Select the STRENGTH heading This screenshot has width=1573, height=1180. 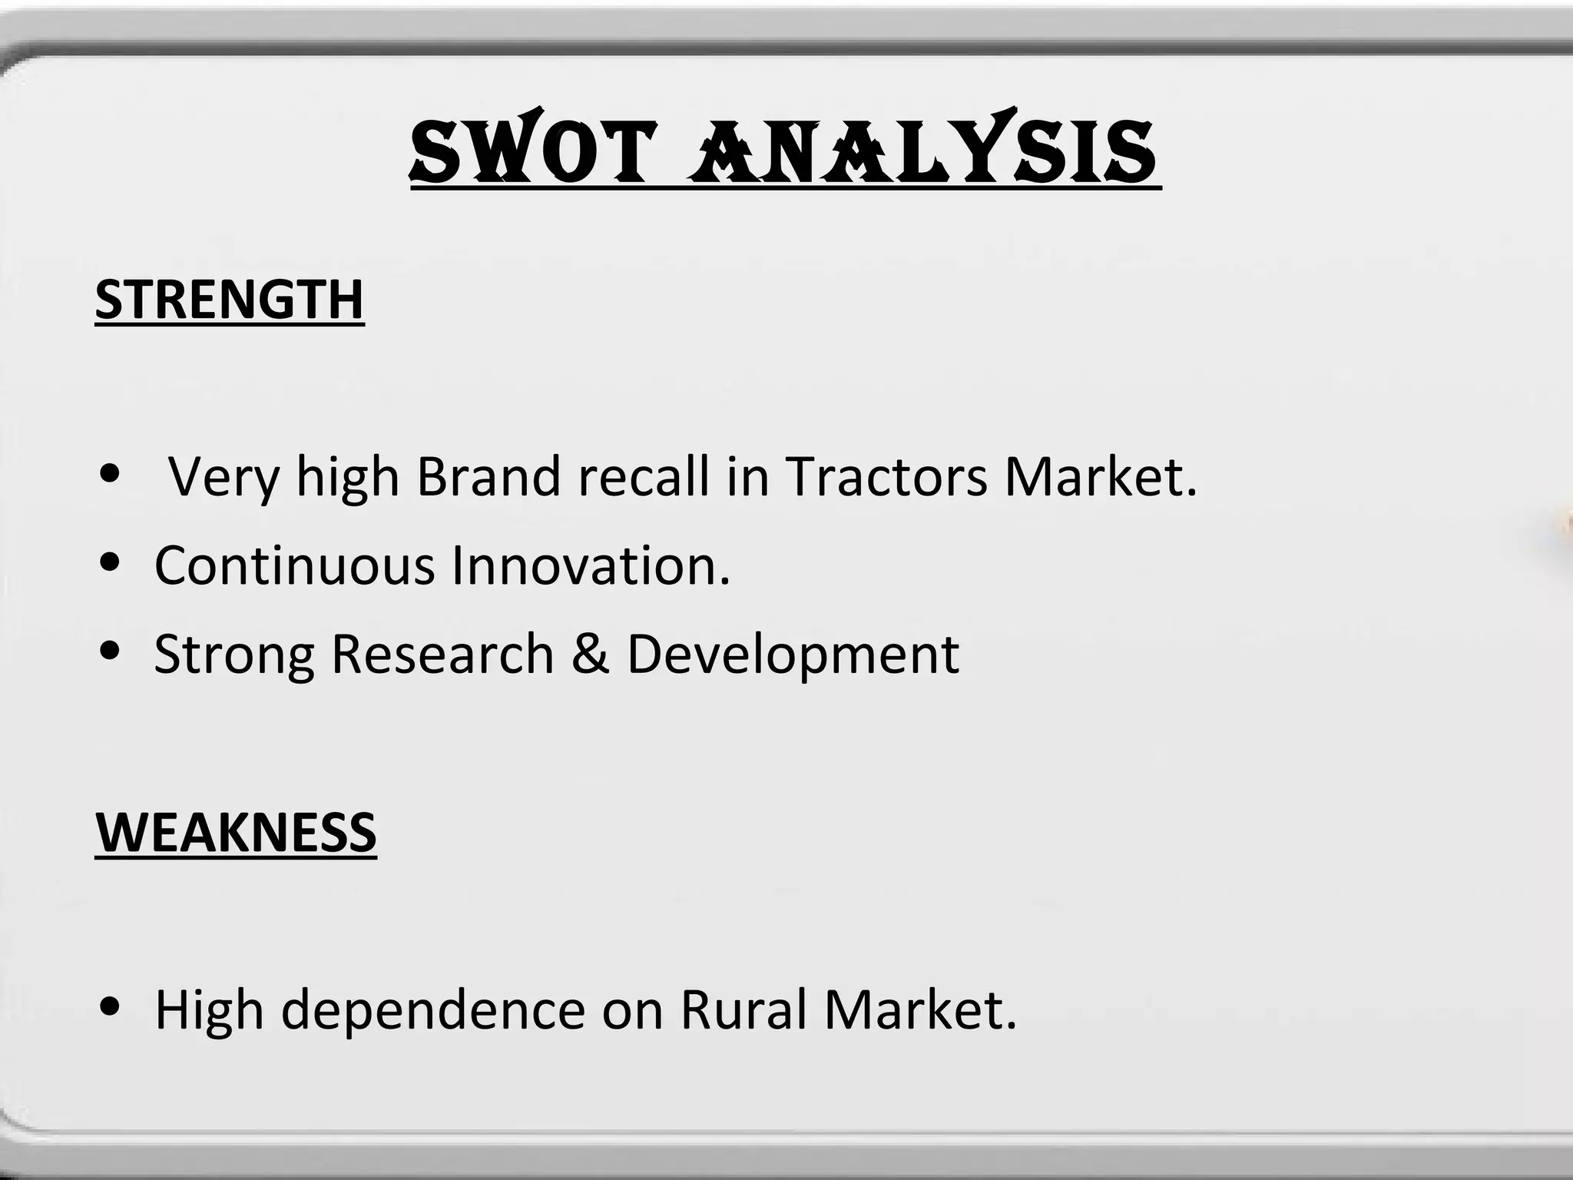230,299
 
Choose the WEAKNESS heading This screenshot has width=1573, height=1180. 236,832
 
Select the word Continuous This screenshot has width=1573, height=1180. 295,565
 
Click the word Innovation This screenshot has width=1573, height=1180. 591,565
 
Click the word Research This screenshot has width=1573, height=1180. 442,654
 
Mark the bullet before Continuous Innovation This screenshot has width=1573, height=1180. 112,564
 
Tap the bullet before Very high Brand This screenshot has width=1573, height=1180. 112,475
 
